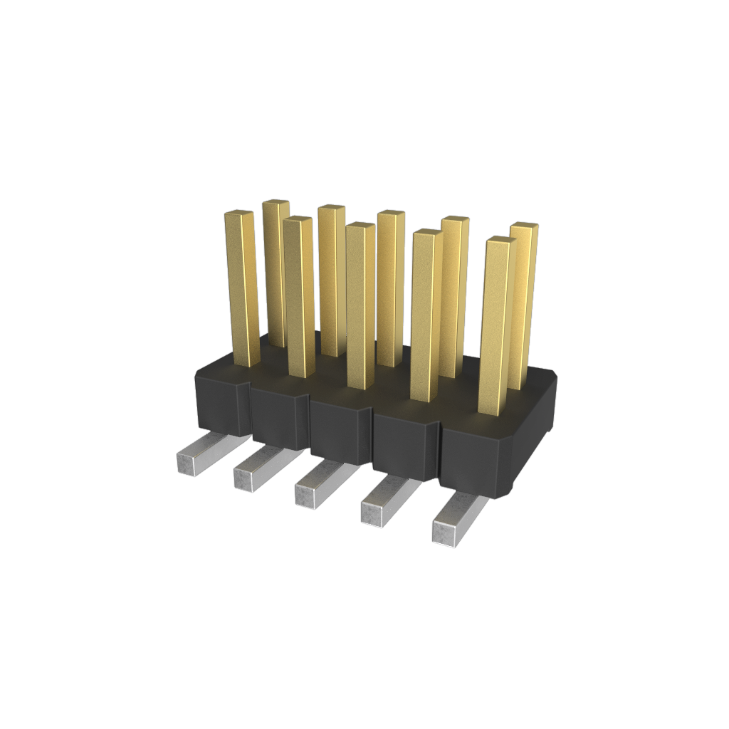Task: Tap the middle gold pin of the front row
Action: tap(361, 306)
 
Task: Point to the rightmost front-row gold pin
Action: tap(497, 327)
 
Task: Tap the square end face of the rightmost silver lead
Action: tap(444, 534)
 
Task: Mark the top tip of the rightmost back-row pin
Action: tap(525, 226)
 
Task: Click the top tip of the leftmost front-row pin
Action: tap(240, 213)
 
